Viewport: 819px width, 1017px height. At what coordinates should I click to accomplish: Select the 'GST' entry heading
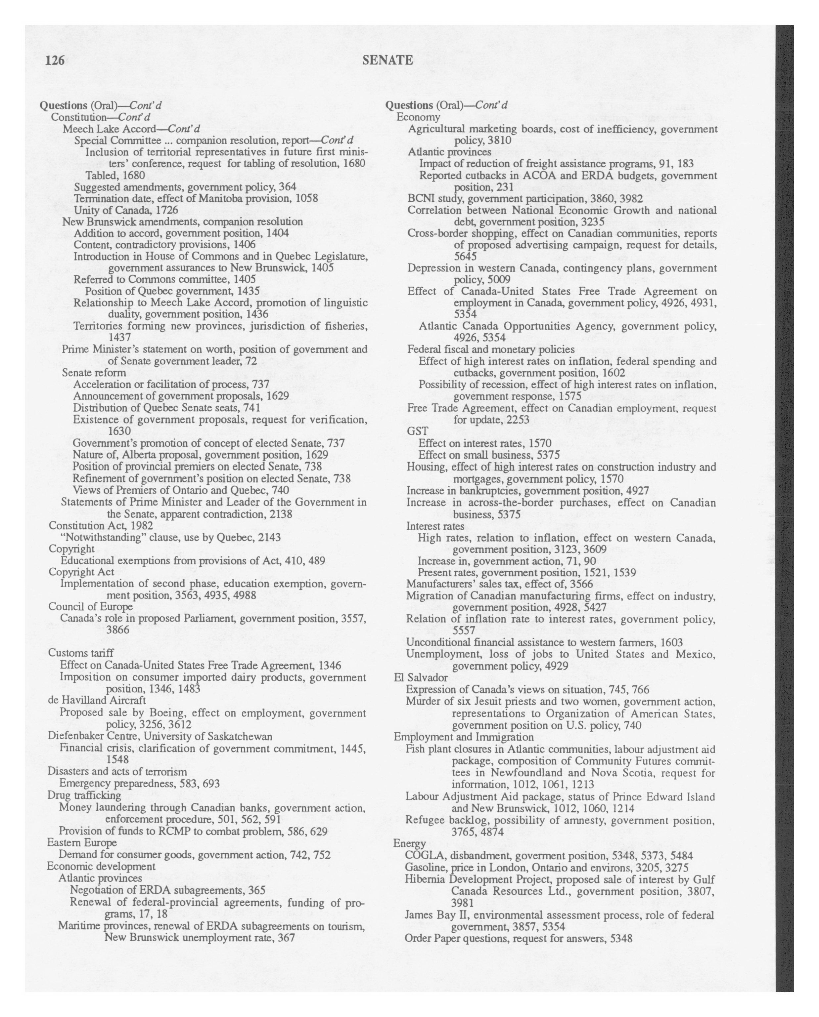point(417,431)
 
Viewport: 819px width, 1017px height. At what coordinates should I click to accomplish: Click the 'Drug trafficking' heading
point(84,795)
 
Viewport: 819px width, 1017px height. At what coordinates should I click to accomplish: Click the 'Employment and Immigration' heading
point(464,737)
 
